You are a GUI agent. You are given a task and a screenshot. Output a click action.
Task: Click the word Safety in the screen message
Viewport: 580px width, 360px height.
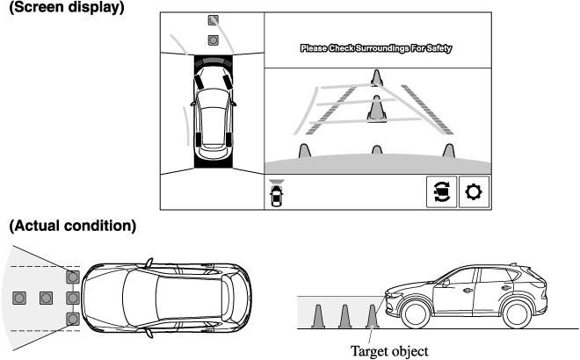pyautogui.click(x=435, y=49)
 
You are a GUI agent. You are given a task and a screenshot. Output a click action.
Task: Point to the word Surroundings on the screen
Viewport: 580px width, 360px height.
pyautogui.click(x=383, y=49)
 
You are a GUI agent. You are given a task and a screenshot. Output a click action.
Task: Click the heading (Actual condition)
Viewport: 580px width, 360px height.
pyautogui.click(x=72, y=226)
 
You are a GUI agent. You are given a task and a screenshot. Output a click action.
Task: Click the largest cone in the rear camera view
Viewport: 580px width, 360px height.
pyautogui.click(x=376, y=109)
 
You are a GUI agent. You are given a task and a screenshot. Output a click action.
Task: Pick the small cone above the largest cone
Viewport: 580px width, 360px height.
pyautogui.click(x=376, y=77)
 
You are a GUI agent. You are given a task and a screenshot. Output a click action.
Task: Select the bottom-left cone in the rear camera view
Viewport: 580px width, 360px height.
pyautogui.click(x=304, y=151)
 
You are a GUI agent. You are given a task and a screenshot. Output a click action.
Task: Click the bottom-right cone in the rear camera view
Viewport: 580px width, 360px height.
pyautogui.click(x=449, y=151)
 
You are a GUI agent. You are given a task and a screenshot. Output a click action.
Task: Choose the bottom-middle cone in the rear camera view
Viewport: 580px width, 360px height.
pyautogui.click(x=377, y=151)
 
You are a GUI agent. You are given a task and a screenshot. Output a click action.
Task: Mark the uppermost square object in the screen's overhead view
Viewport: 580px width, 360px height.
pyautogui.click(x=213, y=18)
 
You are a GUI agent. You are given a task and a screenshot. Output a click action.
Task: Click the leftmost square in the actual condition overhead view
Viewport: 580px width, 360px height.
pyautogui.click(x=19, y=298)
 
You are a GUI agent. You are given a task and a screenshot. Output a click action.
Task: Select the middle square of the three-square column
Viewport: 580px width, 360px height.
pyautogui.click(x=73, y=298)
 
